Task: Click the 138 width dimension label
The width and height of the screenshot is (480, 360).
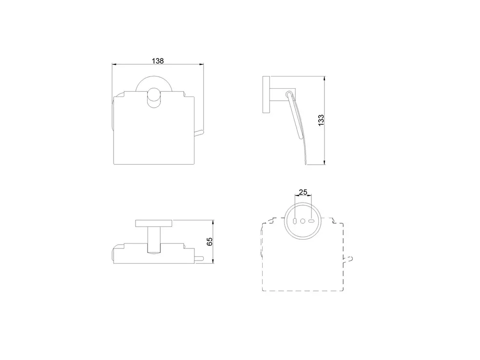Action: point(158,61)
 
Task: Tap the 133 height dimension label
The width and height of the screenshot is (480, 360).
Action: point(321,120)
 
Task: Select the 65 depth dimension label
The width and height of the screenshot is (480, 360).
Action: point(210,242)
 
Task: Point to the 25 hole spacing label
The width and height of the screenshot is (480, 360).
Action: point(303,192)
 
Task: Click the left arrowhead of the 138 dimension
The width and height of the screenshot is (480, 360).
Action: point(114,64)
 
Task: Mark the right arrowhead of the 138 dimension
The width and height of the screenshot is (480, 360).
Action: point(201,64)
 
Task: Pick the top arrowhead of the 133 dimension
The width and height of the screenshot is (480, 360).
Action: point(325,78)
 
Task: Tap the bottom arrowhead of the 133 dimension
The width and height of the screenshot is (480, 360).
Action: point(325,162)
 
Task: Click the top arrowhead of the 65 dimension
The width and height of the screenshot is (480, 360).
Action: point(213,222)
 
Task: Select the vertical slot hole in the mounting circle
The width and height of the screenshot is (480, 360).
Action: point(295,221)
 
